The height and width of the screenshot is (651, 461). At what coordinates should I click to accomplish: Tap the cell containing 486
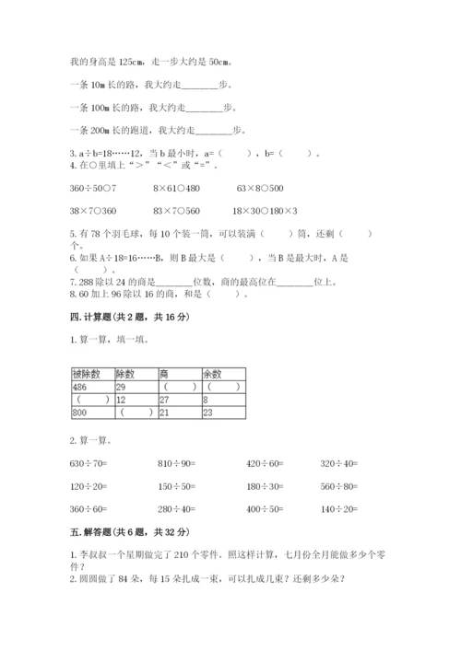(78, 388)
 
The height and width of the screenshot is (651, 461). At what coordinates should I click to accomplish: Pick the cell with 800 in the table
(78, 413)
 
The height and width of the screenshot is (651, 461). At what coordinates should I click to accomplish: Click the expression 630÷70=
(89, 464)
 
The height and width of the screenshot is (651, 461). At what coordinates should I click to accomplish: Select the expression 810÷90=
(177, 464)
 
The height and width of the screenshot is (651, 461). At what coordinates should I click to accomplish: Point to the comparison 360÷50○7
(90, 188)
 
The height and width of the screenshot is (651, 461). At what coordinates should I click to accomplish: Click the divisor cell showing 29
(123, 388)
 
